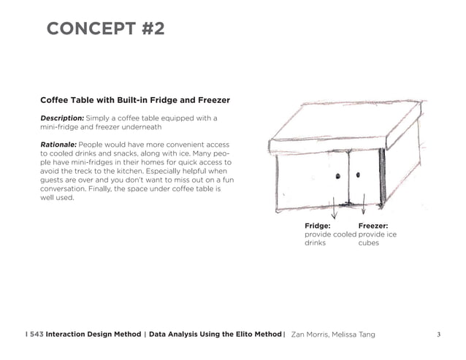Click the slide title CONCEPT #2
pos(105,29)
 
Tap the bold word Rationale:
pos(58,145)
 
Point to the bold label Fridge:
pos(318,226)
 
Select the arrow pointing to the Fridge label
pos(335,211)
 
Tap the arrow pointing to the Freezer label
pos(363,210)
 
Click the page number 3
pos(438,334)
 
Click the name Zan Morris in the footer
pos(310,334)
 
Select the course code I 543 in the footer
pos(33,334)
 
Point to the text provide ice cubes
pos(377,239)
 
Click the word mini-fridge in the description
pos(61,126)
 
